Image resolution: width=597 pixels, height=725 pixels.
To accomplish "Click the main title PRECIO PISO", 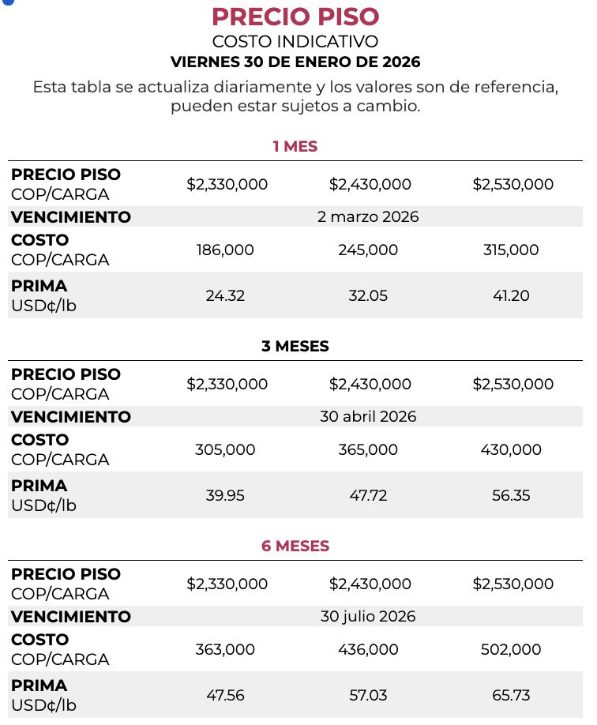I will (295, 17).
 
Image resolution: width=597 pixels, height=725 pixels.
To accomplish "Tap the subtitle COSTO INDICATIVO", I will (295, 42).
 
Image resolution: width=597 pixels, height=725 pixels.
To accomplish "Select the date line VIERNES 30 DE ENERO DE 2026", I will (295, 62).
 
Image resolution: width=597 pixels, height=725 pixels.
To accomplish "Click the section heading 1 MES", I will (295, 146).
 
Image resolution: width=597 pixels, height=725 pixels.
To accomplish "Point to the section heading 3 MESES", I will (295, 346).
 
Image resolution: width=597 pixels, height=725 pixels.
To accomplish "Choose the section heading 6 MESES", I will (295, 546).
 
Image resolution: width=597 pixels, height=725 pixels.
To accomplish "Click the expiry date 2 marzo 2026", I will (368, 216).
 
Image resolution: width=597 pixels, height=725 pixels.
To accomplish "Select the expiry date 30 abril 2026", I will (368, 416).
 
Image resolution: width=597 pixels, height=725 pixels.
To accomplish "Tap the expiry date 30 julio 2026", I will (368, 616).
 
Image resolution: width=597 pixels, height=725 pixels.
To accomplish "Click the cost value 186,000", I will (225, 250).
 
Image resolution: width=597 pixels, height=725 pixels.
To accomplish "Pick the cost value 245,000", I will (368, 250).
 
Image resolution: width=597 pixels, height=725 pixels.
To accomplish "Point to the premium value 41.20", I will (511, 295).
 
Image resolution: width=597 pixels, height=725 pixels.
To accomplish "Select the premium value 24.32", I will (225, 295).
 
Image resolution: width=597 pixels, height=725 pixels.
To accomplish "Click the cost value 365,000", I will (368, 449).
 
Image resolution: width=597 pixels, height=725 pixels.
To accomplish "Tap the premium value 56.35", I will (511, 495).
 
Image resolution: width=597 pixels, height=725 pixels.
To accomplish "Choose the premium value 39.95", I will (225, 495).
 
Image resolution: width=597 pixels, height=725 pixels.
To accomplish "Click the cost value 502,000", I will (511, 649).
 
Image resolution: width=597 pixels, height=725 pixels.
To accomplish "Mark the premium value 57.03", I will (368, 695).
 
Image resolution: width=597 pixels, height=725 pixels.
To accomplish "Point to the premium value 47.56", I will (225, 695).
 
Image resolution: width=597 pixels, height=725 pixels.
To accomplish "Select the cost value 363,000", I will (225, 649).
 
